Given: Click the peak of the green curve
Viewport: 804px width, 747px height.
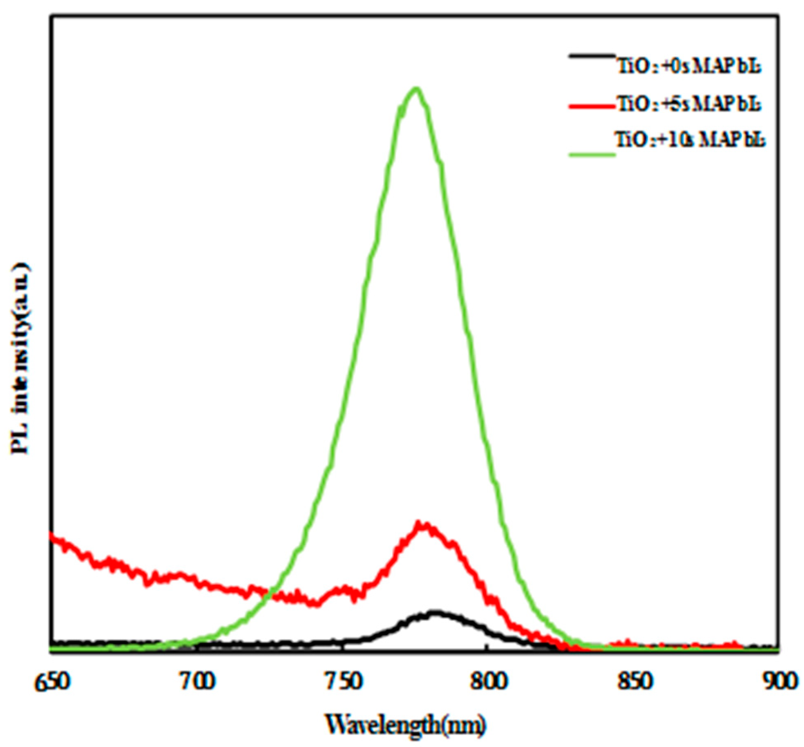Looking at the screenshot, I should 416,89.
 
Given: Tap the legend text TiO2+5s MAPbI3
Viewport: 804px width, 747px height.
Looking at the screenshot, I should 689,105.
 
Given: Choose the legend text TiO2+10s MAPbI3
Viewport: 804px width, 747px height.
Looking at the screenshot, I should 690,140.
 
